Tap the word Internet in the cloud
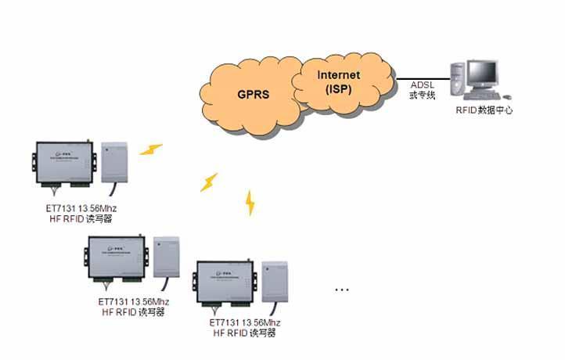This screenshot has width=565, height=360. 338,75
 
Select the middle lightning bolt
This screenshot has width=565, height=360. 208,182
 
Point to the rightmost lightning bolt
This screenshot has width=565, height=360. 250,202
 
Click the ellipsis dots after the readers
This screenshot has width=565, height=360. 341,289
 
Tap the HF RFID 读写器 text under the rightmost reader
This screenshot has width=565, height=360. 243,333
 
